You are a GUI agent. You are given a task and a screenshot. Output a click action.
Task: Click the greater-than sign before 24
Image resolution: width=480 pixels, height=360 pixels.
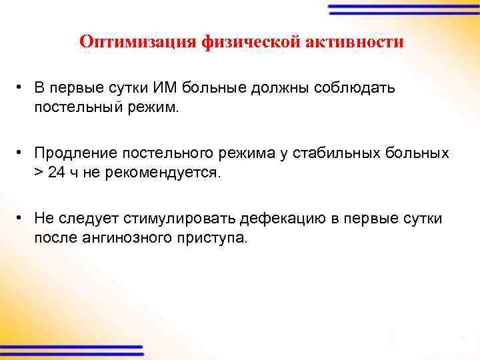click(39, 173)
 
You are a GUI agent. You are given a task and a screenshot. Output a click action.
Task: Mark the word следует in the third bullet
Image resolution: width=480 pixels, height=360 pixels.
click(79, 219)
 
